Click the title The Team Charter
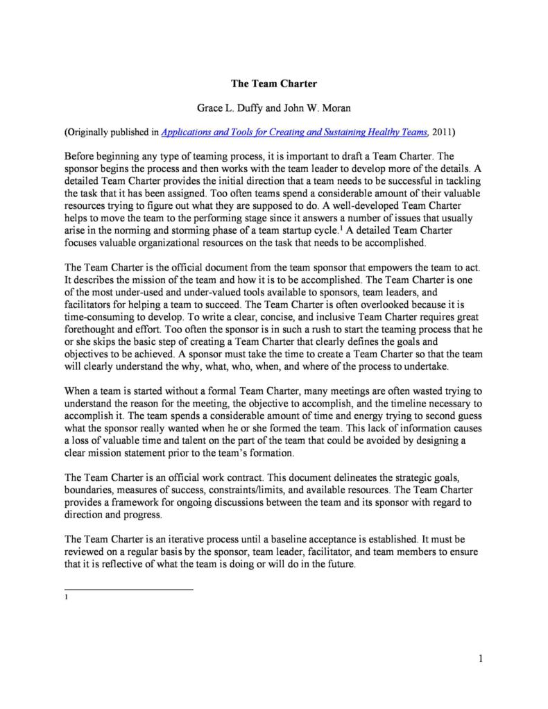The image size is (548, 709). [273, 84]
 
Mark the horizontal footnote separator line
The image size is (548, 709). [128, 590]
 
